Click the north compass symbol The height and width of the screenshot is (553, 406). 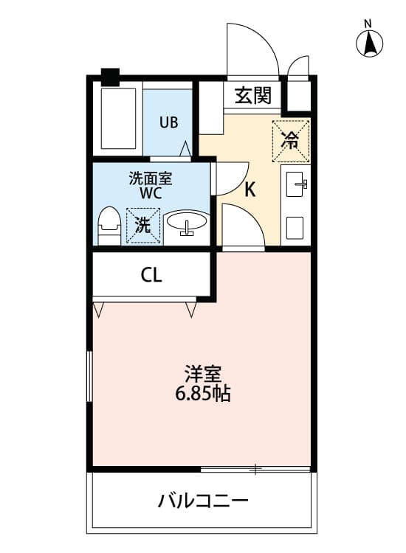click(370, 44)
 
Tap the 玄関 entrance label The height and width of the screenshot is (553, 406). click(252, 95)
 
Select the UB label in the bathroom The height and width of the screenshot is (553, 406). click(168, 122)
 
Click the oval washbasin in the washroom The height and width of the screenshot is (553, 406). click(187, 223)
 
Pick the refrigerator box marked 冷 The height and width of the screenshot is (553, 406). click(292, 140)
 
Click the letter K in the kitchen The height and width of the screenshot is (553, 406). click(250, 190)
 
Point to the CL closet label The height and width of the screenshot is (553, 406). click(151, 276)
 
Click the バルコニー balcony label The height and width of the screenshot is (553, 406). click(202, 503)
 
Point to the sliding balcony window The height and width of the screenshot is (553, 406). click(255, 469)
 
